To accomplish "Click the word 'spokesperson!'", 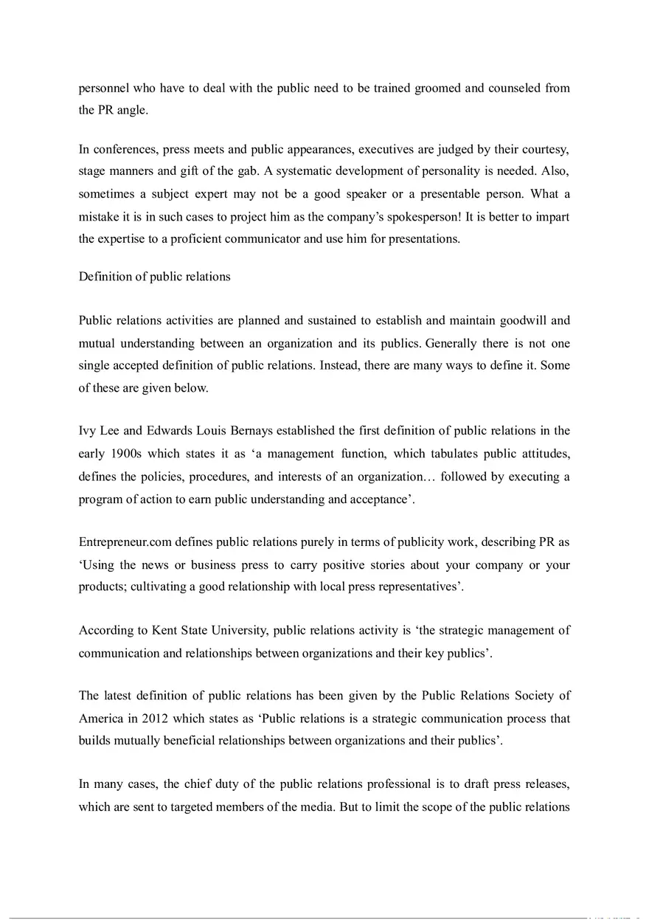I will click(418, 218).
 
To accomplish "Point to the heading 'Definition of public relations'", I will click(154, 277).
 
